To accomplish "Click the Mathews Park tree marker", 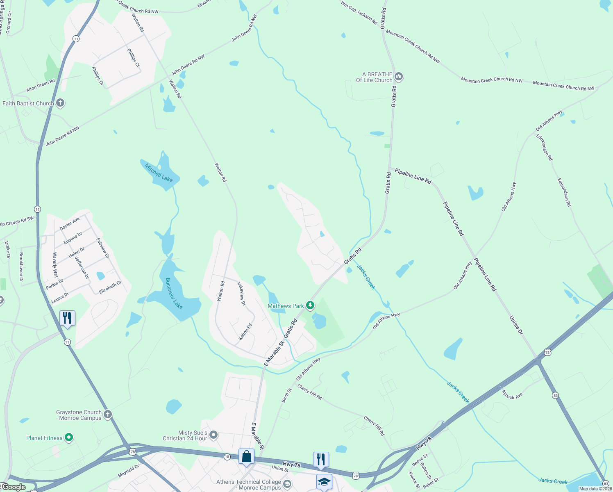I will [x=311, y=305].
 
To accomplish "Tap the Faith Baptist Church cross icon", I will [x=60, y=103].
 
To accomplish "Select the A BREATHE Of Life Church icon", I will [x=399, y=77].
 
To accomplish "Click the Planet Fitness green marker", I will [x=69, y=438].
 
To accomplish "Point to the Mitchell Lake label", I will [x=159, y=173].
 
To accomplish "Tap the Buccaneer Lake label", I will [x=174, y=293].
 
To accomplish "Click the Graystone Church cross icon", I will [x=108, y=415].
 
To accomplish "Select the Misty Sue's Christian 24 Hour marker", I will [x=213, y=435].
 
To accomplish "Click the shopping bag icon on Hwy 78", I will [x=246, y=456].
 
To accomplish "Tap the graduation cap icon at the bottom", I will [x=324, y=482].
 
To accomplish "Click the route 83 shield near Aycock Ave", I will [x=556, y=396].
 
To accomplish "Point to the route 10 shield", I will [x=227, y=456].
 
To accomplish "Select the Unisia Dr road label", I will [x=516, y=325].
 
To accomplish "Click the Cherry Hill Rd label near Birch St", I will [x=309, y=392].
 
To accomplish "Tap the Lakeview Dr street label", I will [x=242, y=294].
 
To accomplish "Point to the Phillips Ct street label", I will [x=133, y=58].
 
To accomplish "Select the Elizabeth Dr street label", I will [x=110, y=287].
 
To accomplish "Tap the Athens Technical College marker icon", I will [x=287, y=485].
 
